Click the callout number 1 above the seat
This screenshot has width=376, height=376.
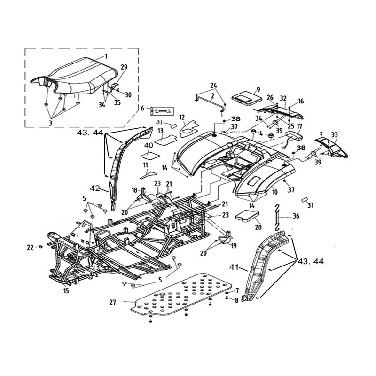pos(106,56)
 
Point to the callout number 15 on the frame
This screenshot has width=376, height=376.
pos(66,291)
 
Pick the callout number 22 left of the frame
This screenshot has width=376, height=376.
pos(30,247)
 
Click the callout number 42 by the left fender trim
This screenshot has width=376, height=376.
pos(95,188)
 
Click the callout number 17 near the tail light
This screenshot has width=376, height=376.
pos(299,126)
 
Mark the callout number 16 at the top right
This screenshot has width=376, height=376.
pos(301,101)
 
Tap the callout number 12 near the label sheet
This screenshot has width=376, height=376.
pos(182,117)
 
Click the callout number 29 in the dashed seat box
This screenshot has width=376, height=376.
pos(124,67)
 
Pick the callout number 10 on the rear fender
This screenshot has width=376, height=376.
pos(274,193)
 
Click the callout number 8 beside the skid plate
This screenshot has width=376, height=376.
pos(237,299)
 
